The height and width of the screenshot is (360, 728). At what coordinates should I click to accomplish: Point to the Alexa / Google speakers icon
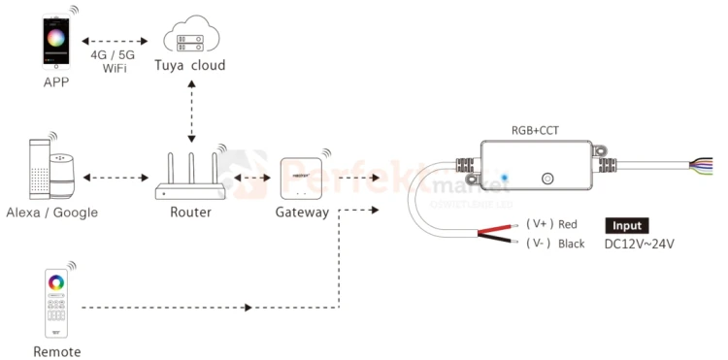(x=50, y=169)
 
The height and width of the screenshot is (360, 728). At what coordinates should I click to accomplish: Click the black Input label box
(x=627, y=225)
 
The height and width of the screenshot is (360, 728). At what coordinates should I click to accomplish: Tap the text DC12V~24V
(x=639, y=244)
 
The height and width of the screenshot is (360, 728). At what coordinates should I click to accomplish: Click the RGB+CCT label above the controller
(x=535, y=129)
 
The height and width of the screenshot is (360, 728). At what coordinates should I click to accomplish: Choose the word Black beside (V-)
(x=572, y=244)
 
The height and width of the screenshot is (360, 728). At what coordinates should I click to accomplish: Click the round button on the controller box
(x=547, y=179)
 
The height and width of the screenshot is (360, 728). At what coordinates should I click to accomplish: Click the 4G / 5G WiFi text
(x=113, y=62)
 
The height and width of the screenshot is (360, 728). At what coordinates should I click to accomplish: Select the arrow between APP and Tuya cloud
(x=114, y=42)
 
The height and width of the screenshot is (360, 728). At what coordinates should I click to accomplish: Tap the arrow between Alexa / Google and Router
(x=114, y=178)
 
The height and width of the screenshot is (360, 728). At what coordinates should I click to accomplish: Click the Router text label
(x=189, y=212)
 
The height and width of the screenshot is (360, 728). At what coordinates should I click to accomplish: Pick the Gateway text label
(x=302, y=212)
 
